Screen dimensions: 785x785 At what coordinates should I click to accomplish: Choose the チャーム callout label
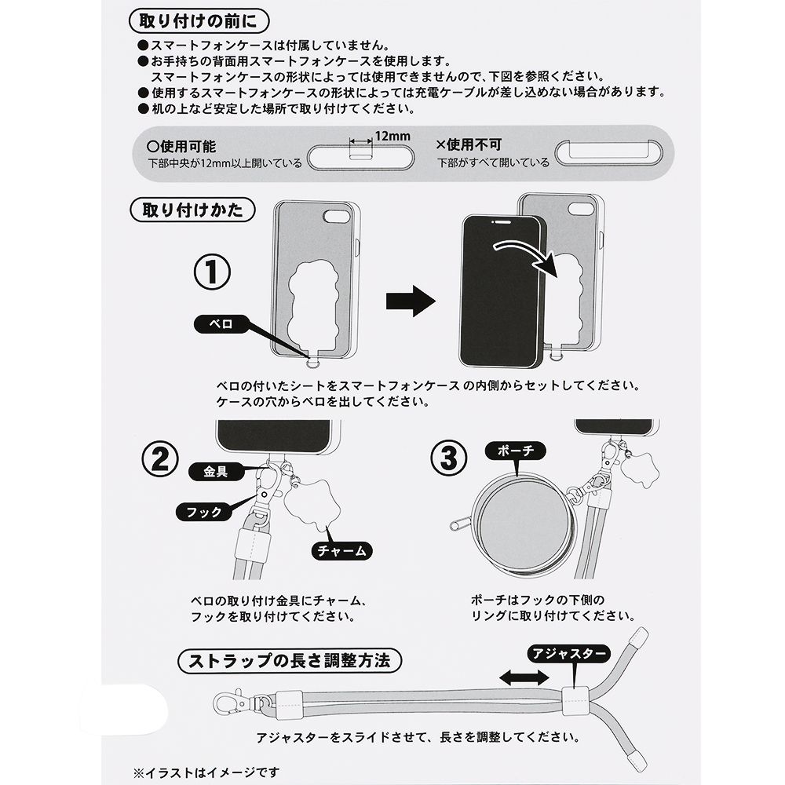339,551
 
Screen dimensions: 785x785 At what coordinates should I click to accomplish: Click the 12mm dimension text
392,136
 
